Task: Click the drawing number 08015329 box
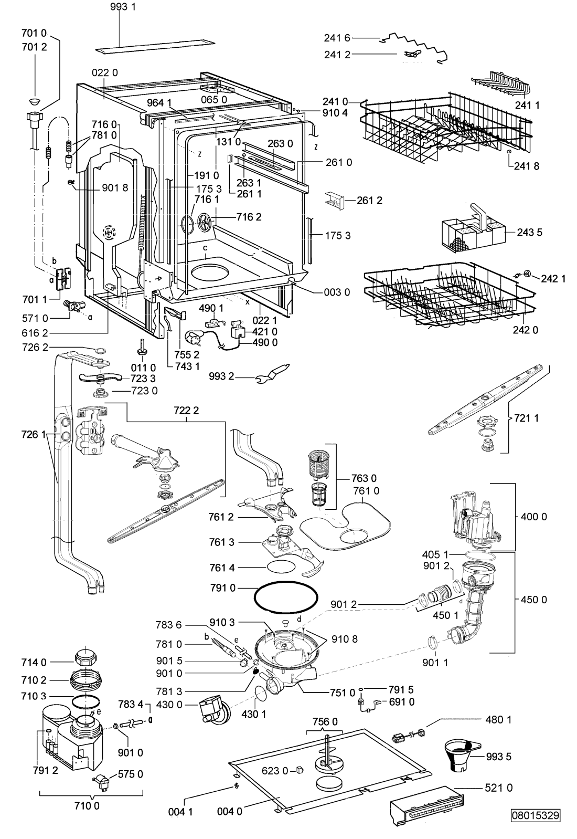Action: pos(536,825)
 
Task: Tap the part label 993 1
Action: pos(123,7)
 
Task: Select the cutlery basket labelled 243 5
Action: pos(473,229)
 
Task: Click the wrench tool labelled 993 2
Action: pos(272,374)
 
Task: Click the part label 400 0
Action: pos(533,517)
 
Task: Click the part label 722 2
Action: pos(186,411)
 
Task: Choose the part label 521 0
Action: pos(498,788)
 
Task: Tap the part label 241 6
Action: pos(337,38)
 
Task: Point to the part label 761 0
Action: pos(366,490)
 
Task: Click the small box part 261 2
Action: pos(334,201)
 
